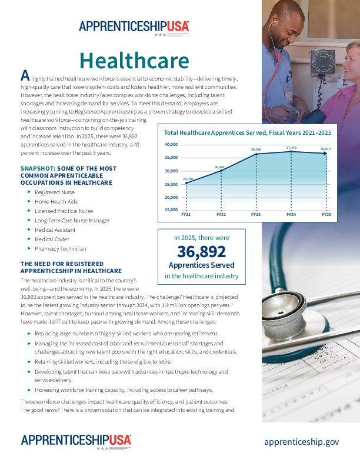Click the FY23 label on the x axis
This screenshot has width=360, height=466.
tap(256, 215)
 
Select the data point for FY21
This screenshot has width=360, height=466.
tap(187, 183)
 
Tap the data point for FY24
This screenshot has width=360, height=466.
tap(291, 152)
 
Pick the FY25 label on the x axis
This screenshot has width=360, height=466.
tap(326, 215)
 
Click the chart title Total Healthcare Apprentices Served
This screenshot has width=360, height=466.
tap(247, 133)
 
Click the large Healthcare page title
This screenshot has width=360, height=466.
tap(134, 61)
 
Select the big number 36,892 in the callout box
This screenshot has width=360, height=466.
tap(202, 252)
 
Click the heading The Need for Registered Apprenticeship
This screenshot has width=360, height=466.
tap(71, 267)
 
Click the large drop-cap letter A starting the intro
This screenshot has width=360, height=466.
tap(25, 75)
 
